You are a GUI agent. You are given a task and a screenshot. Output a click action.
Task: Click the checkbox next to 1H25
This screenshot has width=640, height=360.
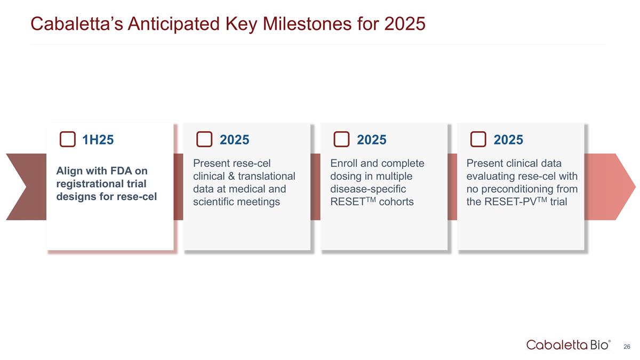pyautogui.click(x=67, y=139)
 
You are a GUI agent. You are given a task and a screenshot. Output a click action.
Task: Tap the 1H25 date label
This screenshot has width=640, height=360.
pyautogui.click(x=98, y=140)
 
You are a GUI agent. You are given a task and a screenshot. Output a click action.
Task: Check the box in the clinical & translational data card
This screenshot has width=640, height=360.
pyautogui.click(x=204, y=139)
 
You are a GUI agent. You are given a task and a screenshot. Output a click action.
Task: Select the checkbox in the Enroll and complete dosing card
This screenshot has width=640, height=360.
pyautogui.click(x=341, y=139)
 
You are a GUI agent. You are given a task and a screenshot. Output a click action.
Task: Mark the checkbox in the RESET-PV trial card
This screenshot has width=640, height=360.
pyautogui.click(x=478, y=139)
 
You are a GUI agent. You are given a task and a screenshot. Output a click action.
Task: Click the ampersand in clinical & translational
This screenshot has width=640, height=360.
pyautogui.click(x=231, y=177)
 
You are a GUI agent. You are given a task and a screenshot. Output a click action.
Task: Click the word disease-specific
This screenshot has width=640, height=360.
pyautogui.click(x=368, y=189)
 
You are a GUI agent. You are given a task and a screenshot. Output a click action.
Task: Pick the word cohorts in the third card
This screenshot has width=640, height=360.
pyautogui.click(x=396, y=202)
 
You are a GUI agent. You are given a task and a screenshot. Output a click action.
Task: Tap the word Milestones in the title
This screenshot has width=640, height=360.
pyautogui.click(x=307, y=23)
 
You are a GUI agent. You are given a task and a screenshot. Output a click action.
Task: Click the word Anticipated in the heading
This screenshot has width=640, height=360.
pyautogui.click(x=174, y=24)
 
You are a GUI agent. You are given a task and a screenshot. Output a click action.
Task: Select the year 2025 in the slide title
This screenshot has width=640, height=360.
pyautogui.click(x=405, y=23)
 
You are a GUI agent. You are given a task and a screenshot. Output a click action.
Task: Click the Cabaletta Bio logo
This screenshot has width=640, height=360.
pyautogui.click(x=568, y=345)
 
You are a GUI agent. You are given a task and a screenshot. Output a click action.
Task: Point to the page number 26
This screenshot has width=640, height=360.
pyautogui.click(x=627, y=347)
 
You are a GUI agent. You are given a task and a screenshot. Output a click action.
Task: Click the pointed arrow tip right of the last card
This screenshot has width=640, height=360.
pyautogui.click(x=635, y=187)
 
